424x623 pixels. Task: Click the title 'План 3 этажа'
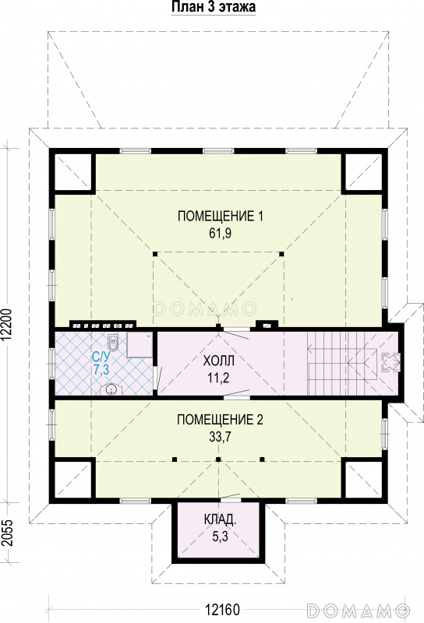(x=214, y=7)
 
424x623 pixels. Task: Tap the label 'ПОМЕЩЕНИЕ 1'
(x=221, y=216)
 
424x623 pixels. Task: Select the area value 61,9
(x=221, y=234)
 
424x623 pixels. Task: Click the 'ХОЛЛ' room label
(x=218, y=361)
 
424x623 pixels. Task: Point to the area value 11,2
(x=218, y=378)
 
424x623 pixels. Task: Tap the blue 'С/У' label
(x=101, y=357)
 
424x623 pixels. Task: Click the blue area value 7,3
(x=101, y=369)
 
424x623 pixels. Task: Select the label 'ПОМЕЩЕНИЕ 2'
(x=220, y=420)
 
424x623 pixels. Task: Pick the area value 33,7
(x=220, y=437)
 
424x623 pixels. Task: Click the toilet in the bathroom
(x=114, y=343)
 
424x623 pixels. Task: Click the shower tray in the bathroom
(x=140, y=345)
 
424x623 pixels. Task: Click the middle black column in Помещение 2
(x=218, y=459)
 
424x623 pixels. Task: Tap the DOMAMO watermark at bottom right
(x=359, y=609)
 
